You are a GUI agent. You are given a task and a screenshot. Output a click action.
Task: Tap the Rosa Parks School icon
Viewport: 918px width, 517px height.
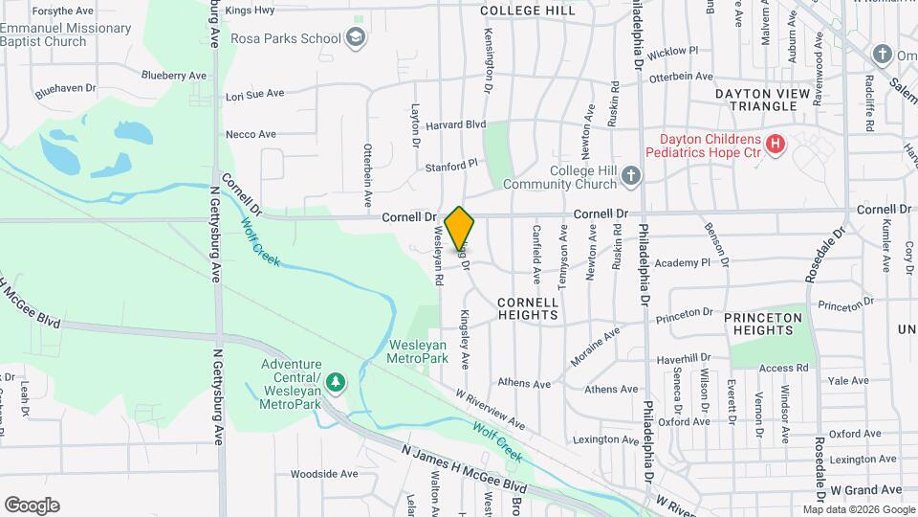coord(356,38)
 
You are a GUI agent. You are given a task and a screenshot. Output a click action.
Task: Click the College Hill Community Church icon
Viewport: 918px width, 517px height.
coord(630,175)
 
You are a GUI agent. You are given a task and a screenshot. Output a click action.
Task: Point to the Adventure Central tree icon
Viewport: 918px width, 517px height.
coord(336,383)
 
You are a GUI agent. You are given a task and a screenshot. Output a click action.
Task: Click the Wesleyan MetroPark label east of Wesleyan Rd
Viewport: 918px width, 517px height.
coord(418,350)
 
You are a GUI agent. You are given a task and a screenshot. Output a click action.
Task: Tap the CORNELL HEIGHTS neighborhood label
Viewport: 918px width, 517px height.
coord(528,307)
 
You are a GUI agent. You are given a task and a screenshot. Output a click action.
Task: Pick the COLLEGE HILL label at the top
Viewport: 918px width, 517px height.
coord(528,11)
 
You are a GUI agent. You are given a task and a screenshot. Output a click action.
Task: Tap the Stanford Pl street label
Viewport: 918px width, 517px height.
coord(451,166)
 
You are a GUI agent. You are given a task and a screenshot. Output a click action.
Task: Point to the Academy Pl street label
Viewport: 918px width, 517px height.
coord(684,261)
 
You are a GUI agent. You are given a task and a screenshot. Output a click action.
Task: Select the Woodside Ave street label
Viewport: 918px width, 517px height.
coord(323,474)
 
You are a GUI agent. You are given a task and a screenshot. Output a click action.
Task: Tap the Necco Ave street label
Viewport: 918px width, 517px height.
coord(251,134)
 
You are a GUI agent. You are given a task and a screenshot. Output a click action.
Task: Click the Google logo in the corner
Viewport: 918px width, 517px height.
coord(32,506)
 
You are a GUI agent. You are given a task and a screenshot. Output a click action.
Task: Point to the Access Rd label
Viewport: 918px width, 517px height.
coord(784,368)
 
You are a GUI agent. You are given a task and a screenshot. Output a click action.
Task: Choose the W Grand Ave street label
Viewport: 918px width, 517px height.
coord(865,489)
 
